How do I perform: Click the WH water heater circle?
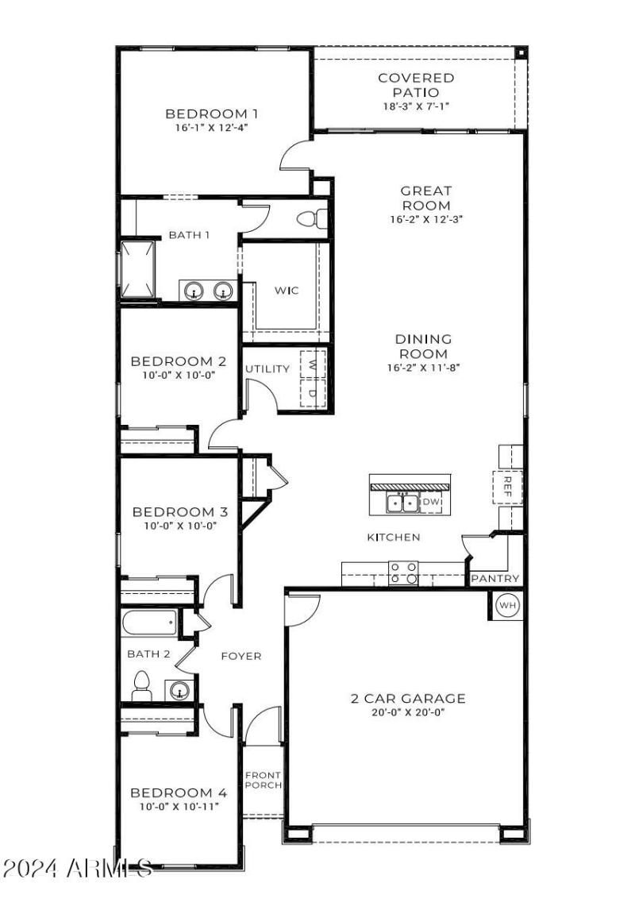point(507,606)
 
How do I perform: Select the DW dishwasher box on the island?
point(430,502)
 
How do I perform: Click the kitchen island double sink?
point(402,503)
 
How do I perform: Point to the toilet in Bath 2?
point(142,686)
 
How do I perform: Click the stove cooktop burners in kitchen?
point(403,573)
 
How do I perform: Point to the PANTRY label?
point(495,579)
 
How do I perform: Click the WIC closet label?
point(287,291)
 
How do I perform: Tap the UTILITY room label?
point(267,369)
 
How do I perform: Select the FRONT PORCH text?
point(263,780)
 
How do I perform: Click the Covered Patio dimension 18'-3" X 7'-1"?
point(416,106)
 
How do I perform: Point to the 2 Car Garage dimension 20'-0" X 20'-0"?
point(408,714)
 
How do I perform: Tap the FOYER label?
point(241,656)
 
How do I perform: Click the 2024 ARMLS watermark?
point(76,867)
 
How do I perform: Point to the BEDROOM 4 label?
point(179,792)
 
